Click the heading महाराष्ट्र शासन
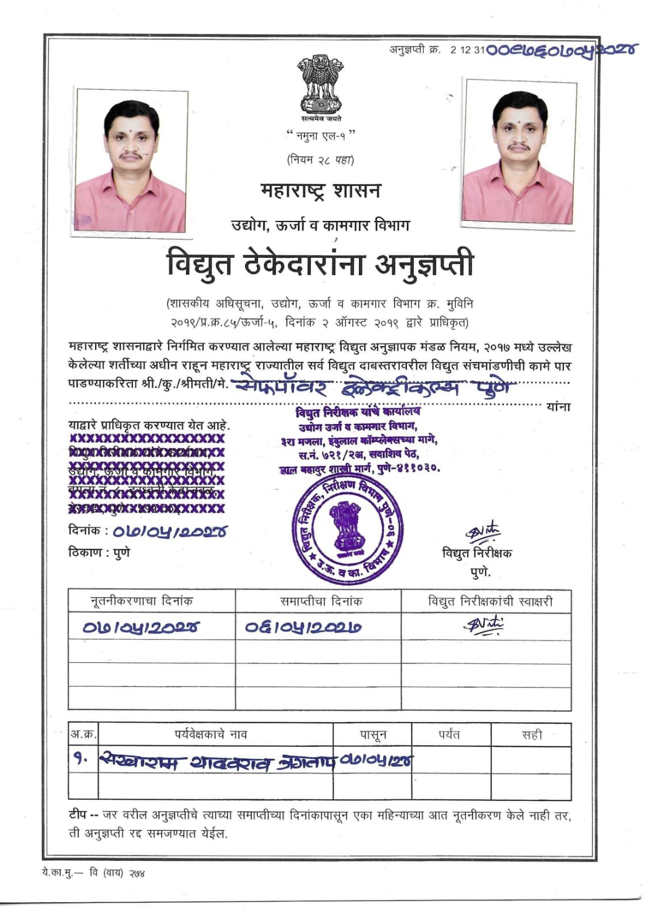[320, 190]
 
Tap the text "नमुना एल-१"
[320, 136]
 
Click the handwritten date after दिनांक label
[169, 532]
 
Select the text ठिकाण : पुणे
[99, 552]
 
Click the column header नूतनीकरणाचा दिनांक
[142, 601]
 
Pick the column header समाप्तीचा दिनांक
[321, 601]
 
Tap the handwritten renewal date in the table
[140, 627]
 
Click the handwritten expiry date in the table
[303, 627]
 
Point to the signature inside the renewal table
[483, 625]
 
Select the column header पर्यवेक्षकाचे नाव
[211, 735]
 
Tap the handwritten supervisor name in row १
[216, 762]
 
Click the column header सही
[531, 735]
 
